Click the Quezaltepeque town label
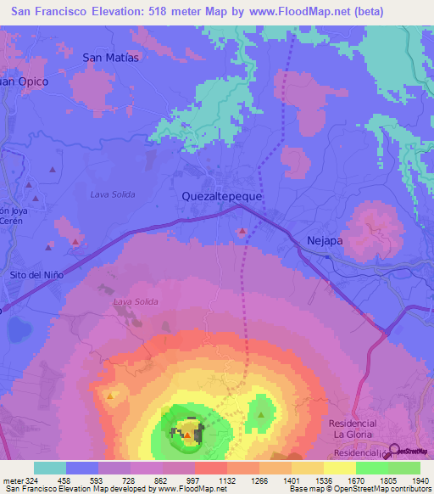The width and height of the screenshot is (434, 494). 222,195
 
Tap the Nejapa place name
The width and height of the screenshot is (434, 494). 323,241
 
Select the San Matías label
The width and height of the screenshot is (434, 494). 109,57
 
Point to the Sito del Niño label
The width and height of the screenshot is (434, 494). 36,275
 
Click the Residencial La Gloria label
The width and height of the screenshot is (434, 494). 352,429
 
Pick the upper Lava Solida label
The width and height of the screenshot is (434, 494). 113,194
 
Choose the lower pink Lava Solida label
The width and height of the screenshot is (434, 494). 136,301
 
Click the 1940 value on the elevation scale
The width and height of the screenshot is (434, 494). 420,480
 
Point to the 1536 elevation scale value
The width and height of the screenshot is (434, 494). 324,480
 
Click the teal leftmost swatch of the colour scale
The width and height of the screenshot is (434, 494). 50,468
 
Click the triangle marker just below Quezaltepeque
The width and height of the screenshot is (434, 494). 243,231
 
